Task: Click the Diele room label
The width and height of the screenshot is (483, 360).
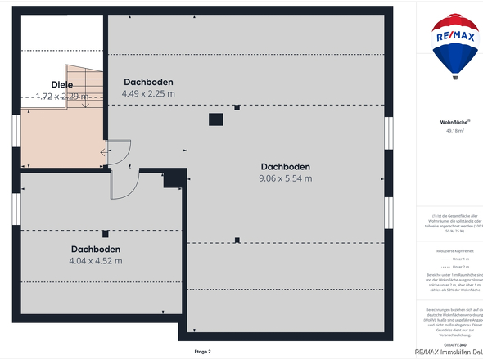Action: [x=62, y=84]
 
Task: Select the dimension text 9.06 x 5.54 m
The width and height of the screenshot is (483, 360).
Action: [x=285, y=178]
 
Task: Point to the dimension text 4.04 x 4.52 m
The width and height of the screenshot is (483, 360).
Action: [x=96, y=261]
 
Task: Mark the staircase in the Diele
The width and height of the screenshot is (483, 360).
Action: [x=84, y=90]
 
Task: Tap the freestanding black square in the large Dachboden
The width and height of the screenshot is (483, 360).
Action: [x=215, y=119]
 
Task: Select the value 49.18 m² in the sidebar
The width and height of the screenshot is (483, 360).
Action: [x=455, y=130]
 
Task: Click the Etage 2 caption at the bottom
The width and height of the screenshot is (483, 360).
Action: [x=202, y=352]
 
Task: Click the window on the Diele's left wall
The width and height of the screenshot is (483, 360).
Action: [x=16, y=136]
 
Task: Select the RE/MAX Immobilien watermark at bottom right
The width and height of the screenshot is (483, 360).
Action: [x=449, y=353]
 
